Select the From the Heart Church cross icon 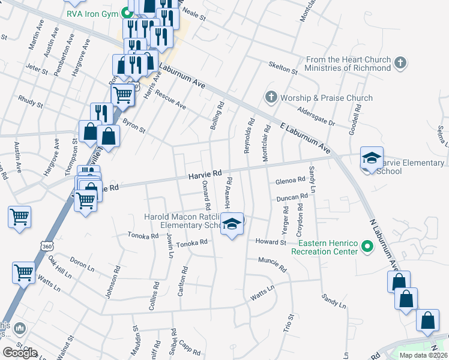tap(401, 62)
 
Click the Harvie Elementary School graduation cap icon tap(372, 159)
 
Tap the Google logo tap(20, 352)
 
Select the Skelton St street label tap(283, 68)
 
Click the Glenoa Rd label tap(291, 181)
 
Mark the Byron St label tap(134, 124)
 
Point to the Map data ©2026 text tap(423, 355)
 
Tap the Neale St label tap(194, 18)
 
